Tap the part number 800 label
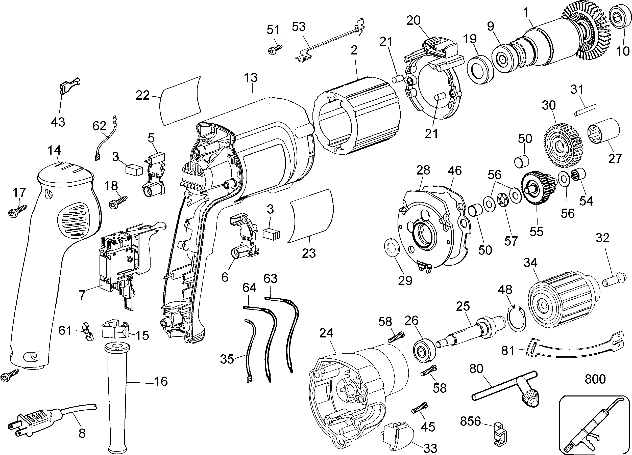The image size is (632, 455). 595,379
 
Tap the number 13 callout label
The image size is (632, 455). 251,78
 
